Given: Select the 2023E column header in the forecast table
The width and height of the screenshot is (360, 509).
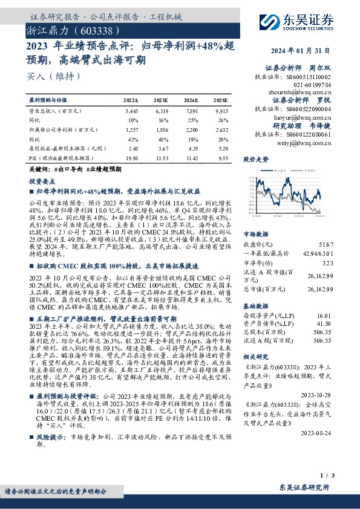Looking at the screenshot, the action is pos(162,100).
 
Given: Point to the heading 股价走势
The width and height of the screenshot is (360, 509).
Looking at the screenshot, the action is pos(256,160).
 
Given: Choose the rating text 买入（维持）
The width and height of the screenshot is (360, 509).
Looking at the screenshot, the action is pos(54,76).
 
